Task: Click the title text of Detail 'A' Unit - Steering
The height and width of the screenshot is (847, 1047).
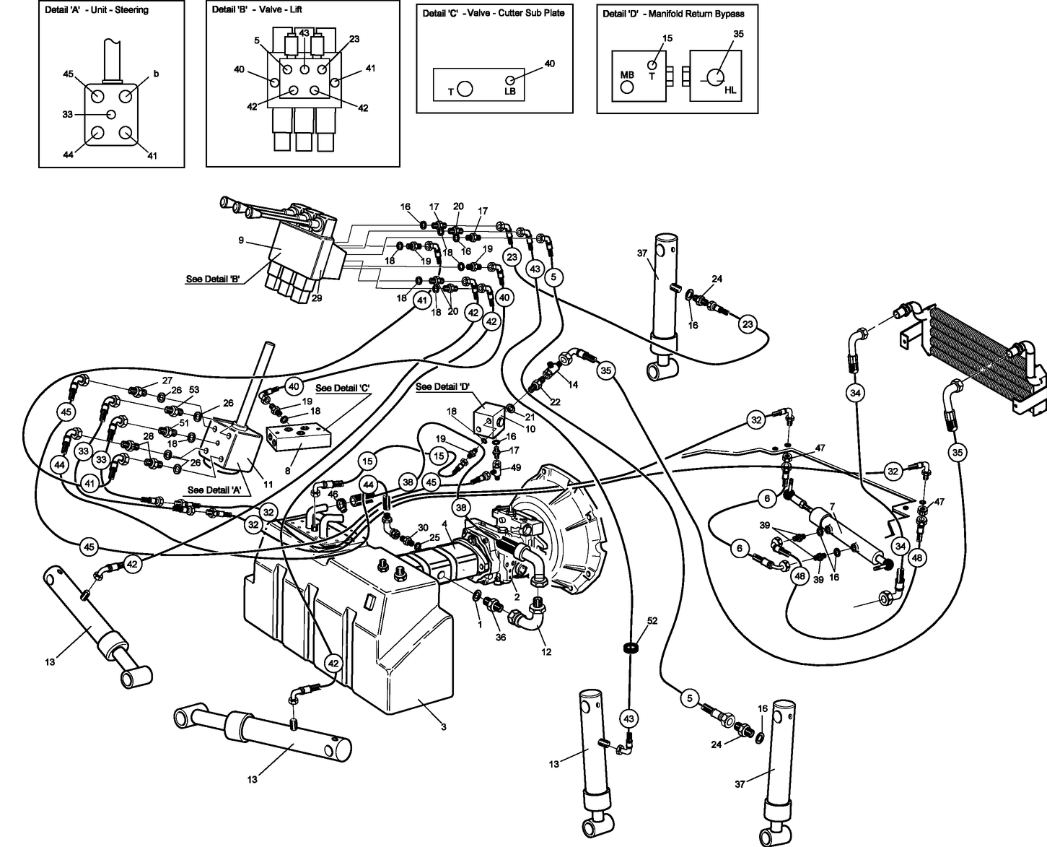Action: point(97,10)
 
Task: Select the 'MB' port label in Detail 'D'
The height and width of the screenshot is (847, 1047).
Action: point(627,74)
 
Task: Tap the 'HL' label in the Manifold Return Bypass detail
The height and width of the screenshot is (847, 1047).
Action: point(730,89)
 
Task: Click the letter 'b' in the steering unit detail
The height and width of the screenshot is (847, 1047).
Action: point(155,74)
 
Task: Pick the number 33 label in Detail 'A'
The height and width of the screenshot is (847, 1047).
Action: point(68,115)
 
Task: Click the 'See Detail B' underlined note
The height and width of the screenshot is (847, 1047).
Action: point(213,279)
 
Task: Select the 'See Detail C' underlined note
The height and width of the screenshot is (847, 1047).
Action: point(342,388)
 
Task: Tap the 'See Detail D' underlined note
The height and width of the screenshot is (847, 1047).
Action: point(443,387)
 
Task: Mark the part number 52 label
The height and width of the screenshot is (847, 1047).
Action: point(652,621)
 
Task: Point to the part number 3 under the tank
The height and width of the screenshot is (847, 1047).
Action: point(443,726)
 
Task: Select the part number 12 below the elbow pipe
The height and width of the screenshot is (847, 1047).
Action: point(546,651)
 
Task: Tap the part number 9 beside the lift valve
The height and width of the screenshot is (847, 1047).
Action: point(241,240)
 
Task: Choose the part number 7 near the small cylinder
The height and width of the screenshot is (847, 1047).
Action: point(832,506)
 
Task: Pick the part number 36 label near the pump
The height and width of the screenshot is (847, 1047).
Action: point(501,637)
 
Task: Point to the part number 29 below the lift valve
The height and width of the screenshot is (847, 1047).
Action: point(317,298)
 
